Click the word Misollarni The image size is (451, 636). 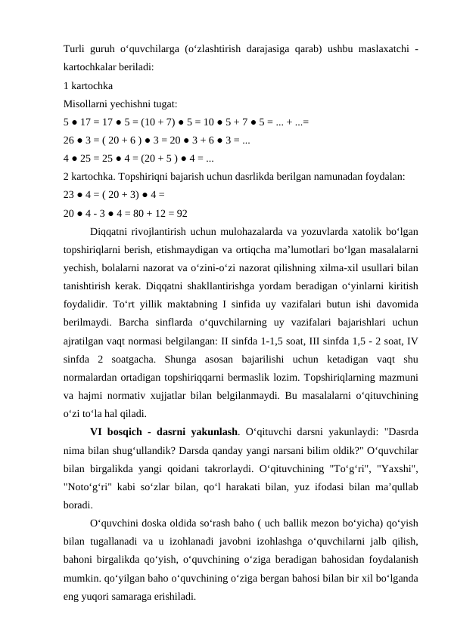point(86,102)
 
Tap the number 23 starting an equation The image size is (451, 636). point(70,193)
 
